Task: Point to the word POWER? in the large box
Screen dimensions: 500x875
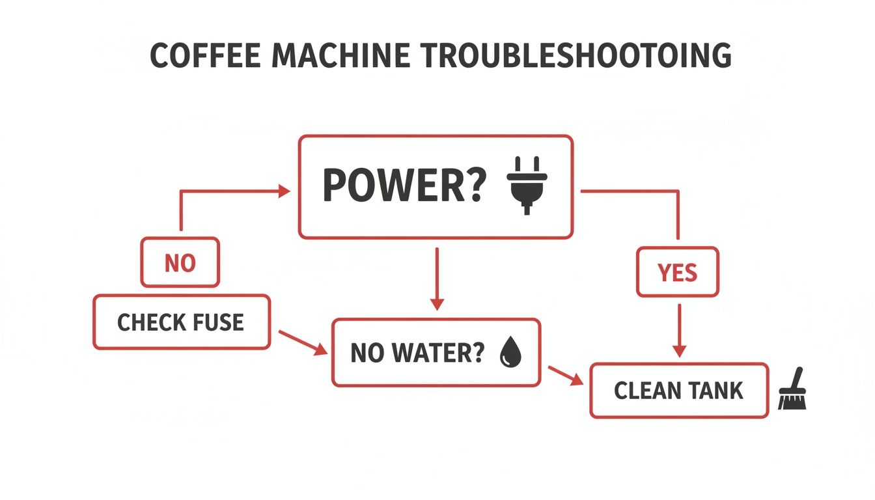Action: pyautogui.click(x=404, y=186)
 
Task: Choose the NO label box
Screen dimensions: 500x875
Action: pyautogui.click(x=180, y=263)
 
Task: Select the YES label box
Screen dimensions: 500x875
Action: pyautogui.click(x=678, y=272)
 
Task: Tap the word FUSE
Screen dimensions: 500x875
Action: pyautogui.click(x=219, y=322)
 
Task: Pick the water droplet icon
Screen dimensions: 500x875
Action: pyautogui.click(x=508, y=354)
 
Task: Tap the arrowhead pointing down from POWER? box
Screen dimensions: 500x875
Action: pyautogui.click(x=437, y=303)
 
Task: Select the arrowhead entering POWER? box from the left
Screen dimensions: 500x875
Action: pyautogui.click(x=284, y=191)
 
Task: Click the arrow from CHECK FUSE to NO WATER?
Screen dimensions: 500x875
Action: pyautogui.click(x=303, y=342)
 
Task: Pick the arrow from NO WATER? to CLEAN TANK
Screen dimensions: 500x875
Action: pyautogui.click(x=565, y=376)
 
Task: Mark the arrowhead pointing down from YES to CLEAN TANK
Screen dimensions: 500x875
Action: pyautogui.click(x=679, y=350)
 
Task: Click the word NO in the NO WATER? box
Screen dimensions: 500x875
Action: pyautogui.click(x=365, y=354)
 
